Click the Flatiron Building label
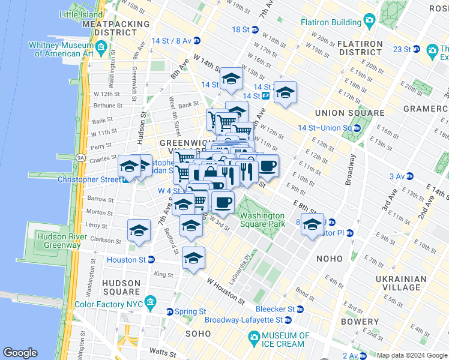click(x=330, y=23)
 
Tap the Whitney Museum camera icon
click(x=101, y=46)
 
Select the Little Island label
click(x=82, y=14)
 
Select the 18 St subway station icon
click(x=255, y=29)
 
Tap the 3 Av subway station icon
click(x=410, y=176)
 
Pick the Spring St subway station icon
click(x=170, y=312)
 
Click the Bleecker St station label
click(x=275, y=309)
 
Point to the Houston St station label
click(x=126, y=260)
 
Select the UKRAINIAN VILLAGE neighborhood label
click(x=402, y=283)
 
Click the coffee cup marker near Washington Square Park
click(x=223, y=203)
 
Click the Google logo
click(x=20, y=353)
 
